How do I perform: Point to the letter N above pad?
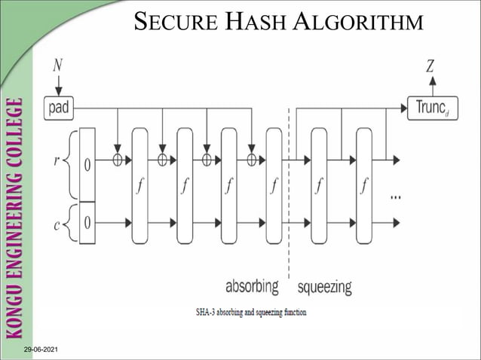[58, 66]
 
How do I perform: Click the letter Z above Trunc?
[430, 66]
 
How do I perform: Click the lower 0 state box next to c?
[87, 223]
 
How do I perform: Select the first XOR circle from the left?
[117, 160]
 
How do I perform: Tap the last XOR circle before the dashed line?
[252, 160]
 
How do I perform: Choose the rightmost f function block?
[364, 186]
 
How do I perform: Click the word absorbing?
[252, 287]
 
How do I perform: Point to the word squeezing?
[324, 287]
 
